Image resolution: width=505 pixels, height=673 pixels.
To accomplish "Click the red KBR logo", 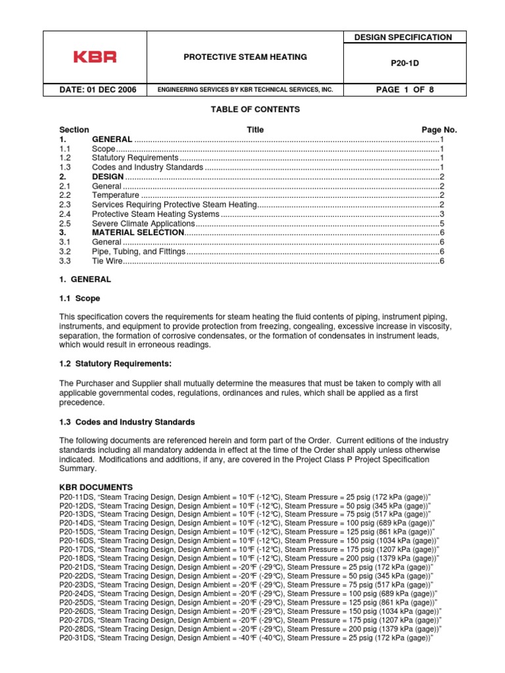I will (x=94, y=57).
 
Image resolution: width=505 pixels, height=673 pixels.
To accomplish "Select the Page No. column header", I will (x=439, y=130).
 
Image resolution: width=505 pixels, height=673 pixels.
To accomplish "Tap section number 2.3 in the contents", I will (x=64, y=205).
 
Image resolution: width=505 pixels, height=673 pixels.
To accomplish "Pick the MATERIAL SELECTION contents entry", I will (x=137, y=233).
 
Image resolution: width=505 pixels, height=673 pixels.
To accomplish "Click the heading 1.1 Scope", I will (x=80, y=298).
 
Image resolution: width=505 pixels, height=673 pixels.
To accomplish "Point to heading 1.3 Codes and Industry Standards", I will (x=126, y=422).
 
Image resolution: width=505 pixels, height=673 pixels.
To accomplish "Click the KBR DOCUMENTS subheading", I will (x=96, y=487).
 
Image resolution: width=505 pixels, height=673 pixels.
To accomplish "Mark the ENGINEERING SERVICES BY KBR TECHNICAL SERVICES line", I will (x=245, y=89).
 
